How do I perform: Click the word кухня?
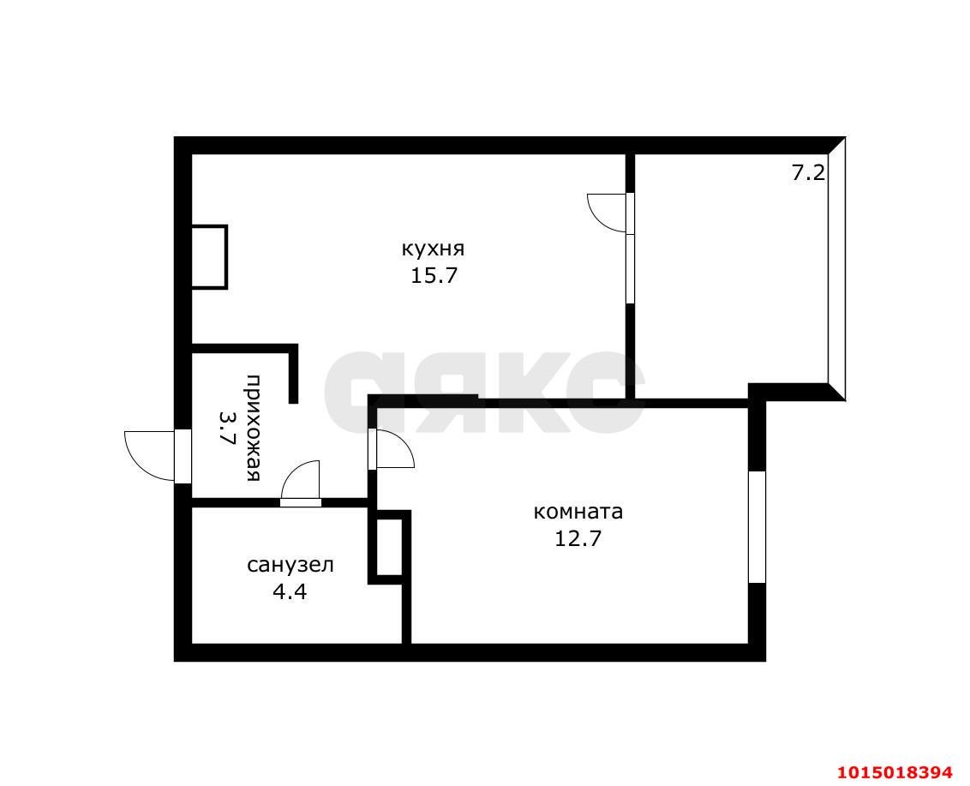(433, 249)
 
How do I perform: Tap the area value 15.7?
(434, 275)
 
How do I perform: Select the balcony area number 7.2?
(809, 172)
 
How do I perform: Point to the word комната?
(578, 512)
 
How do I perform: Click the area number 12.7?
(578, 538)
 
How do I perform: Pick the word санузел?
(290, 565)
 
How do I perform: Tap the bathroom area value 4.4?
(290, 592)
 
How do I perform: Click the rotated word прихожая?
(254, 428)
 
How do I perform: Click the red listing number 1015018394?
(895, 772)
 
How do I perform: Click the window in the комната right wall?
(757, 526)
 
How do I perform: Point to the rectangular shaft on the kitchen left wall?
(209, 257)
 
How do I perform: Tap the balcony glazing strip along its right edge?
(836, 268)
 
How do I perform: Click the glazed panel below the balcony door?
(631, 268)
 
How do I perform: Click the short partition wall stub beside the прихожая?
(293, 374)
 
